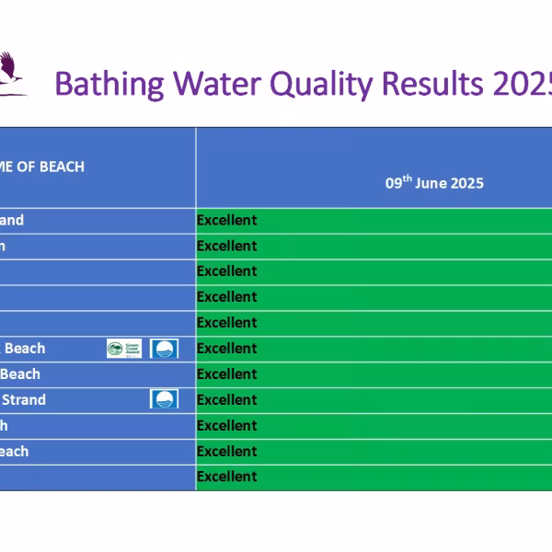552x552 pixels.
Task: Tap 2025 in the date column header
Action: (x=466, y=183)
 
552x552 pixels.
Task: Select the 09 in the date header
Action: (x=392, y=183)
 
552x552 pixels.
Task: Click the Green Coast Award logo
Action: (x=124, y=349)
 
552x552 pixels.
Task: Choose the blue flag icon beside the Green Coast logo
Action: (x=164, y=349)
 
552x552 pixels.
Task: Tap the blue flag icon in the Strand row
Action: (x=164, y=399)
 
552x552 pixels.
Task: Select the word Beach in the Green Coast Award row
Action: (x=25, y=349)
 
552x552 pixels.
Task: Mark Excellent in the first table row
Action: (x=226, y=220)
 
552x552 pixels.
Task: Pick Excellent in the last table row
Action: (x=226, y=477)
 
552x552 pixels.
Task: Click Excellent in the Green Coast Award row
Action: (x=226, y=349)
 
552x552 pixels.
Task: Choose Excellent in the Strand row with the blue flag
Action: (x=226, y=399)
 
